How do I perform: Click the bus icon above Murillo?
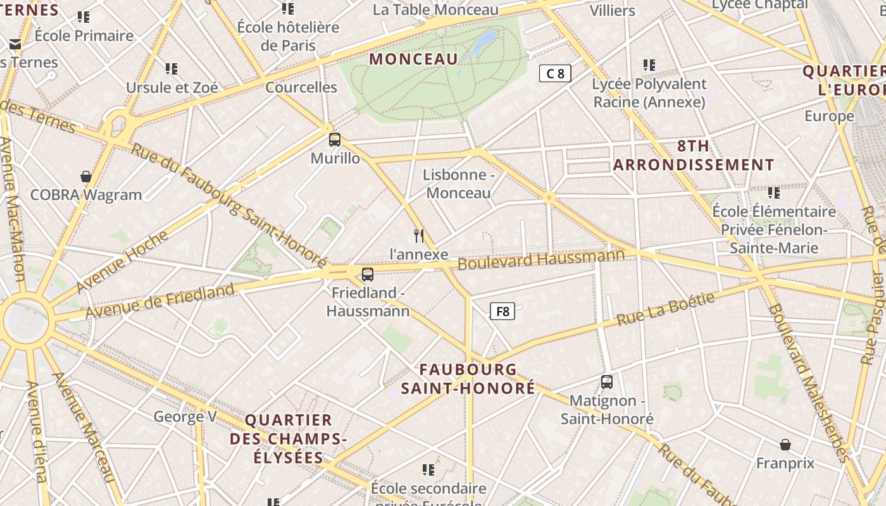tap(335, 140)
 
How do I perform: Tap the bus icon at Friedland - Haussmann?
tap(368, 275)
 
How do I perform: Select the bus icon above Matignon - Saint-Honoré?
tap(607, 382)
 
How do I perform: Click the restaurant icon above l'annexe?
tap(418, 236)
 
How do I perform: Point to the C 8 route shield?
tap(555, 73)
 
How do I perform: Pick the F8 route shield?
tap(502, 311)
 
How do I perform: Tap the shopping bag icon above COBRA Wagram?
tap(86, 176)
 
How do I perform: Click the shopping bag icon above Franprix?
tap(785, 445)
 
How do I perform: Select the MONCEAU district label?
tap(413, 59)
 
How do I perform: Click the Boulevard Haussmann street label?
tap(541, 259)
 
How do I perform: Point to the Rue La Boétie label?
tap(665, 308)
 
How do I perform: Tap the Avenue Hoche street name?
tap(123, 262)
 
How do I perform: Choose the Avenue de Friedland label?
tap(159, 302)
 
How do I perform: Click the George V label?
tap(185, 416)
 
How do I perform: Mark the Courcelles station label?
tap(301, 87)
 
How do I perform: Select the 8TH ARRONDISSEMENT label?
tap(694, 156)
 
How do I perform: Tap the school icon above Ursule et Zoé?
tap(172, 68)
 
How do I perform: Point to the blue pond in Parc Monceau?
tap(485, 42)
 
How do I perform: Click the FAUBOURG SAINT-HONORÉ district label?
tap(468, 379)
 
